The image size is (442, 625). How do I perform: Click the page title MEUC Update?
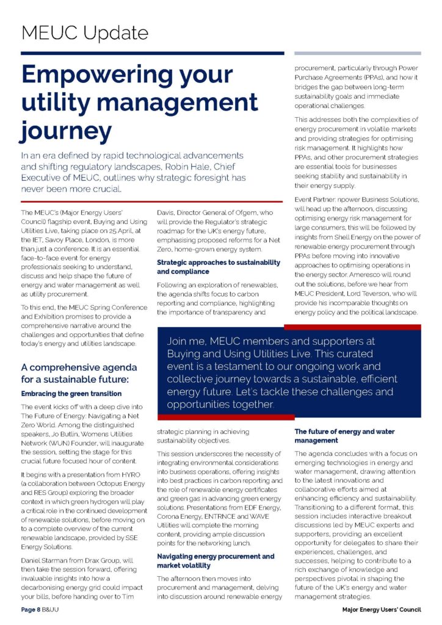click(x=85, y=33)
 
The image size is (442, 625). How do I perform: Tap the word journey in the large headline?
click(x=67, y=131)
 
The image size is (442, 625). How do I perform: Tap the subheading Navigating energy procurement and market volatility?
click(x=216, y=562)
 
